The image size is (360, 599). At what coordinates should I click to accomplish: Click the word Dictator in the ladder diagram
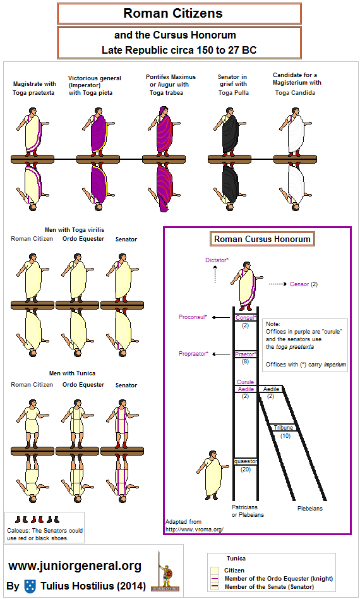(x=216, y=260)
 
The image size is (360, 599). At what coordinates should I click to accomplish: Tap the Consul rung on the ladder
(x=245, y=318)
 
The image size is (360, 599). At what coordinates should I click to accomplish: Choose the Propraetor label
(x=193, y=354)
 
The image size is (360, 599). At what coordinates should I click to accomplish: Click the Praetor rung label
(x=245, y=354)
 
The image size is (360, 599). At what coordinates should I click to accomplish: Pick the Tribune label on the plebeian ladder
(x=283, y=428)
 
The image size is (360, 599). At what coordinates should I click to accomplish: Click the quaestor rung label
(x=246, y=461)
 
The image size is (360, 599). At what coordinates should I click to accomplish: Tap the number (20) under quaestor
(x=246, y=469)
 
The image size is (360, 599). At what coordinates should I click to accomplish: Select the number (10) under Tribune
(x=285, y=436)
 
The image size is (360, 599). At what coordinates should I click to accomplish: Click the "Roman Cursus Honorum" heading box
(x=262, y=239)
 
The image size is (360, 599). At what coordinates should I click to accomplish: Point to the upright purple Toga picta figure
(x=98, y=132)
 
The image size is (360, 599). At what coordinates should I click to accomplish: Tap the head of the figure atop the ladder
(x=247, y=265)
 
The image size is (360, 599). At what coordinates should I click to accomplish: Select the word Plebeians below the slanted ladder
(x=310, y=509)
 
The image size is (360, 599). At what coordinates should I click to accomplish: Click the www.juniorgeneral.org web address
(x=75, y=566)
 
